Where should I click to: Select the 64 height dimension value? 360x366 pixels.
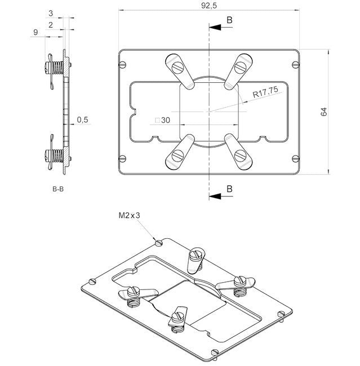(x=323, y=111)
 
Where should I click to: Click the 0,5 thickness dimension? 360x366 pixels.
(x=82, y=119)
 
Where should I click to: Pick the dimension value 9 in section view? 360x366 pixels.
(x=35, y=33)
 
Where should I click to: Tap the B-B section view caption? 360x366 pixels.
(x=57, y=190)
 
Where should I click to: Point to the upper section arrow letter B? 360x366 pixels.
(x=229, y=20)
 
